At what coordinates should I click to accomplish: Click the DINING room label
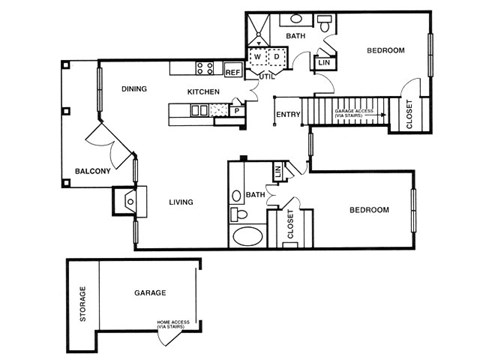point(134,89)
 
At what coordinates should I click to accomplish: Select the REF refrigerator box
point(232,72)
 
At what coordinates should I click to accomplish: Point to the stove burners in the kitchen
point(207,68)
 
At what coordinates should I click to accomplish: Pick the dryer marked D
point(275,58)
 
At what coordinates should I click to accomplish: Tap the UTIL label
point(266,76)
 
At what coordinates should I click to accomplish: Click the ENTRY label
point(288,114)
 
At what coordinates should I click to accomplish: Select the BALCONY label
point(92,171)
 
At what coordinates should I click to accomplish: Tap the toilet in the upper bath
point(326,22)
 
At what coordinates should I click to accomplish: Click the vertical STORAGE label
point(83,305)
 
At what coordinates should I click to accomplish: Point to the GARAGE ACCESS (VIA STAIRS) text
point(356,113)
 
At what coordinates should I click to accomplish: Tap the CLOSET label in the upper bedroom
point(409,112)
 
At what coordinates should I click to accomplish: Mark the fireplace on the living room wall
point(130,201)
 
